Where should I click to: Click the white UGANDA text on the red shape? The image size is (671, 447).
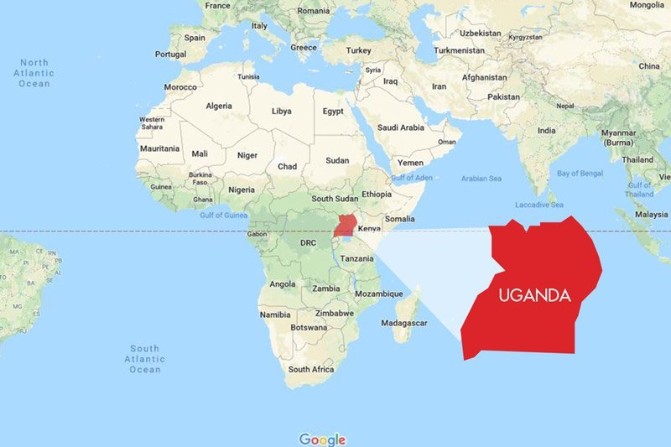(534, 295)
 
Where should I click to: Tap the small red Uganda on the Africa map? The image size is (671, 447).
(343, 226)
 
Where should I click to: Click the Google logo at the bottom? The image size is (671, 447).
(322, 439)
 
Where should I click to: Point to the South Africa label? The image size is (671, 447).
(310, 369)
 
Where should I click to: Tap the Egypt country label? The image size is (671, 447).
(333, 111)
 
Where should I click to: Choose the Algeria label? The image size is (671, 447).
(219, 106)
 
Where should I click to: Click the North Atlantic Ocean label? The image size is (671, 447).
(34, 73)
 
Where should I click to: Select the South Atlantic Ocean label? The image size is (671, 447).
(144, 359)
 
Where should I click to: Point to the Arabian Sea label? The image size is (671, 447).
(480, 178)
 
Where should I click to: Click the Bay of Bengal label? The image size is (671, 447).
(580, 173)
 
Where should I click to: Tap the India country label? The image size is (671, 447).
(546, 131)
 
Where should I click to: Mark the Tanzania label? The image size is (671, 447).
(357, 258)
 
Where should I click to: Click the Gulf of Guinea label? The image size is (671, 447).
(222, 215)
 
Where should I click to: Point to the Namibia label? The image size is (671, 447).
(275, 314)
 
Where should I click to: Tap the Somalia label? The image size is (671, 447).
(400, 218)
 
